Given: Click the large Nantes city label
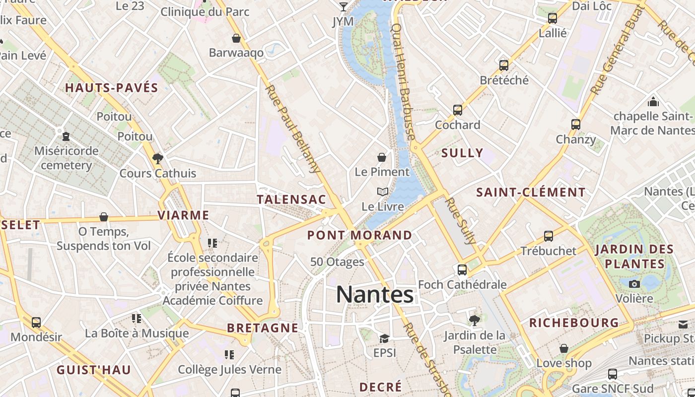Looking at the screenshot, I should tap(375, 294).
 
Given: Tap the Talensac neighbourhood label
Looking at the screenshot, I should tap(291, 199).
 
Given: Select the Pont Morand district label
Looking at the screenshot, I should tap(359, 235).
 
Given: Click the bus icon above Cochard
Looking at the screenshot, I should tap(458, 110).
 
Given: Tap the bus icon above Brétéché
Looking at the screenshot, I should tap(504, 66).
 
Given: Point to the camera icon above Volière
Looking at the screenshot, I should tap(634, 284).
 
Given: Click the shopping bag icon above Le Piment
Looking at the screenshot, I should tap(382, 157).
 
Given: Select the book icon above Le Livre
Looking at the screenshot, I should tap(382, 192).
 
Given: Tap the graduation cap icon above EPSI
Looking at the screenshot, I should tap(384, 338).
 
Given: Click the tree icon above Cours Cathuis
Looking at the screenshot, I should tap(158, 159).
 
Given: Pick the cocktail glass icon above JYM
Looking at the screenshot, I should tap(343, 6).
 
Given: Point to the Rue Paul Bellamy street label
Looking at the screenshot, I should tap(293, 129).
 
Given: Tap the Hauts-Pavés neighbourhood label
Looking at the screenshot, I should tap(112, 88).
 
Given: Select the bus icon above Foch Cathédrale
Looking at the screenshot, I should tap(462, 270).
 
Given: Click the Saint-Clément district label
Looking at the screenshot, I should tap(531, 192).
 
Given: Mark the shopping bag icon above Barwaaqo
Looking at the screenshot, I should tap(236, 38).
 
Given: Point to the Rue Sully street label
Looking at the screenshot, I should tap(461, 221).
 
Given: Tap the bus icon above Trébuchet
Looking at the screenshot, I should tap(549, 236).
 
